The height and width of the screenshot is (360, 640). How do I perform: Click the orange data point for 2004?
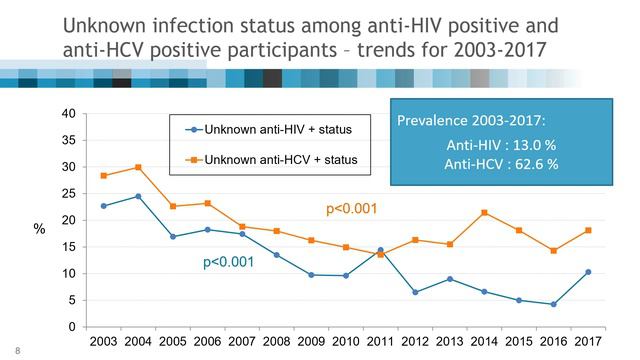(138, 167)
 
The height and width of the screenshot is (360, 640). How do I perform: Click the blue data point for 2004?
(138, 196)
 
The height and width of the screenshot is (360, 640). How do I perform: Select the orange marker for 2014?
(483, 212)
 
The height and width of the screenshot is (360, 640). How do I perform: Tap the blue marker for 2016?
(553, 304)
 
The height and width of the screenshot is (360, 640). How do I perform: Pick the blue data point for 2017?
(588, 272)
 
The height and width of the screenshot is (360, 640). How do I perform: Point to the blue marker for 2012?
(415, 292)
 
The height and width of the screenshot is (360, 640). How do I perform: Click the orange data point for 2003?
(103, 175)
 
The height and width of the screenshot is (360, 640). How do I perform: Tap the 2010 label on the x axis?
(345, 343)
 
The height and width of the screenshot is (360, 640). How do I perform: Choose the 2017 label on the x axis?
(588, 343)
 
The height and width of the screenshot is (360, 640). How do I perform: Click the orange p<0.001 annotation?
(351, 209)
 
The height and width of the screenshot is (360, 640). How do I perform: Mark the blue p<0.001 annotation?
(228, 262)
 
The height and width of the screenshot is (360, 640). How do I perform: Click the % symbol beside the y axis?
(40, 229)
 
